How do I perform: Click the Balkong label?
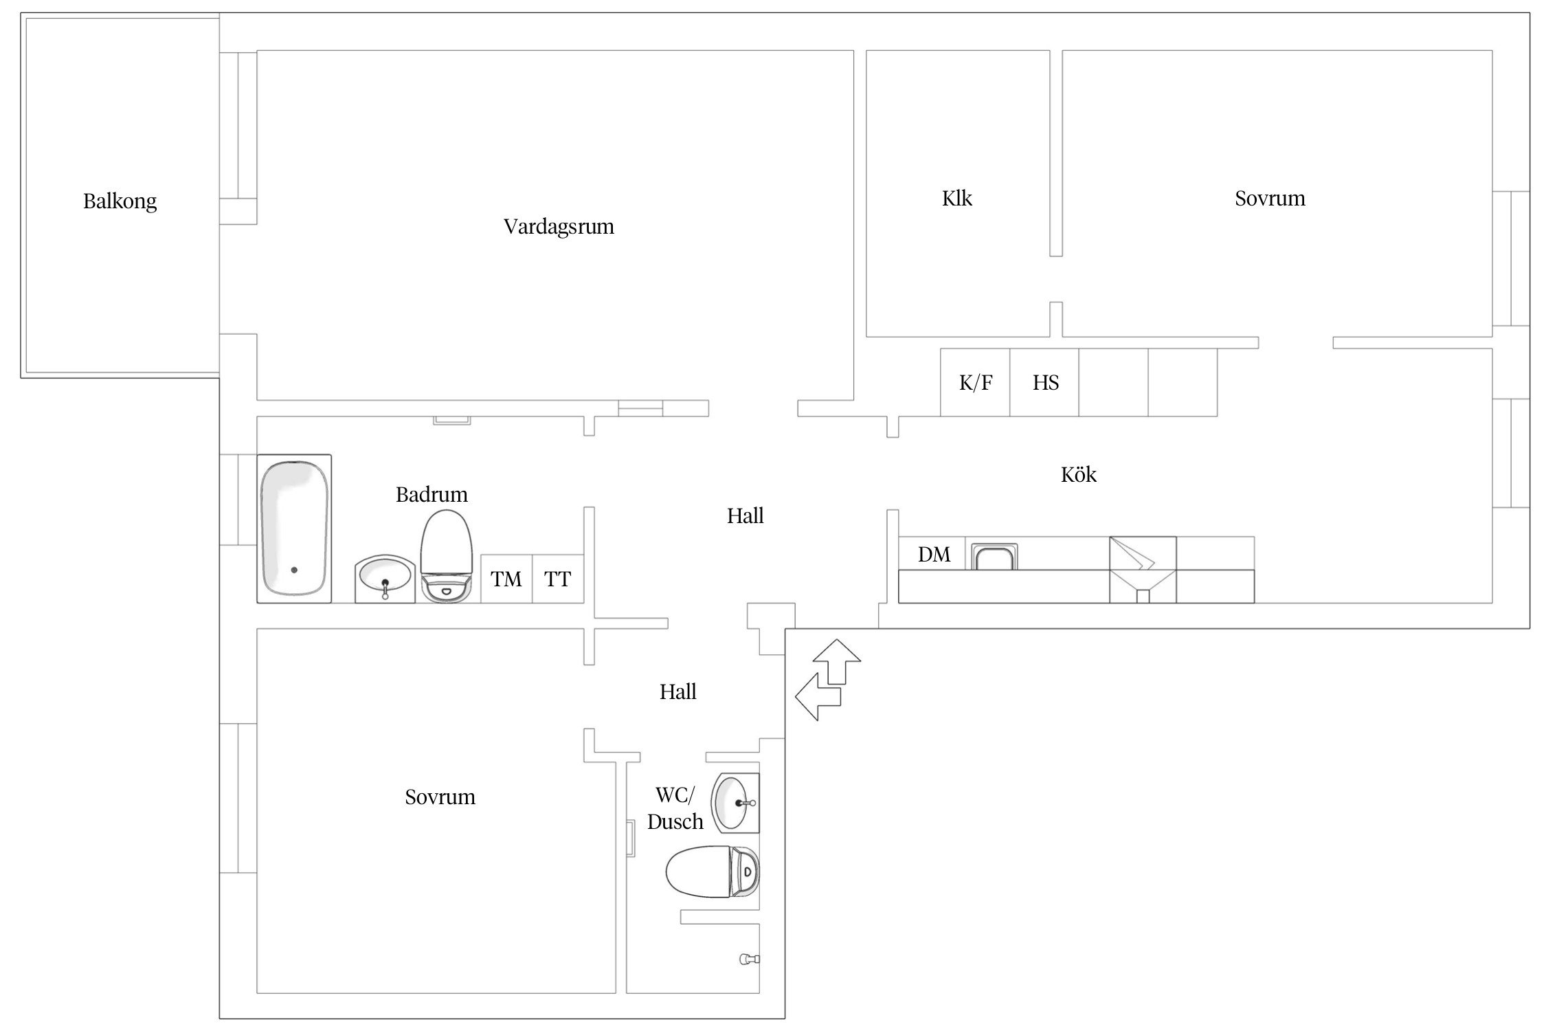pos(120,201)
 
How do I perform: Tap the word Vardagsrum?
pos(559,227)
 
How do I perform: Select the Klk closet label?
pos(956,199)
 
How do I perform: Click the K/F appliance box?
pos(975,382)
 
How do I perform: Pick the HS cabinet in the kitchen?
pos(1044,382)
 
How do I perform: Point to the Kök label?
pos(1078,474)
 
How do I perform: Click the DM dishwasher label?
pos(934,555)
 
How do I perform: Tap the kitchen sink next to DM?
pos(994,556)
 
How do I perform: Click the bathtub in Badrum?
pos(294,529)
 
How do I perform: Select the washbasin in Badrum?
pos(385,579)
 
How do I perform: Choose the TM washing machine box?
pos(506,579)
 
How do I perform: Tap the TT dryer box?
pos(558,579)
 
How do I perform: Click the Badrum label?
pos(432,495)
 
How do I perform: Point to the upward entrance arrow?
pos(836,661)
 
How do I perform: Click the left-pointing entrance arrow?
pos(818,696)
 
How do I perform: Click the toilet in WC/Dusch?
pos(713,872)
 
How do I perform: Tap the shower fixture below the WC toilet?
pos(749,959)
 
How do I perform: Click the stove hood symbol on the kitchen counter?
pos(1143,570)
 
